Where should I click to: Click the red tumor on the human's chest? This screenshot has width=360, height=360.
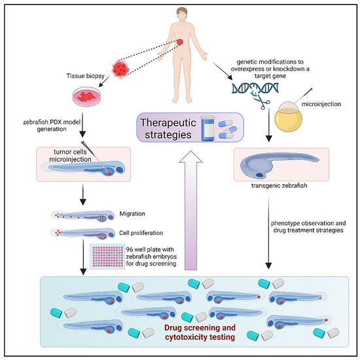[179, 43]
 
